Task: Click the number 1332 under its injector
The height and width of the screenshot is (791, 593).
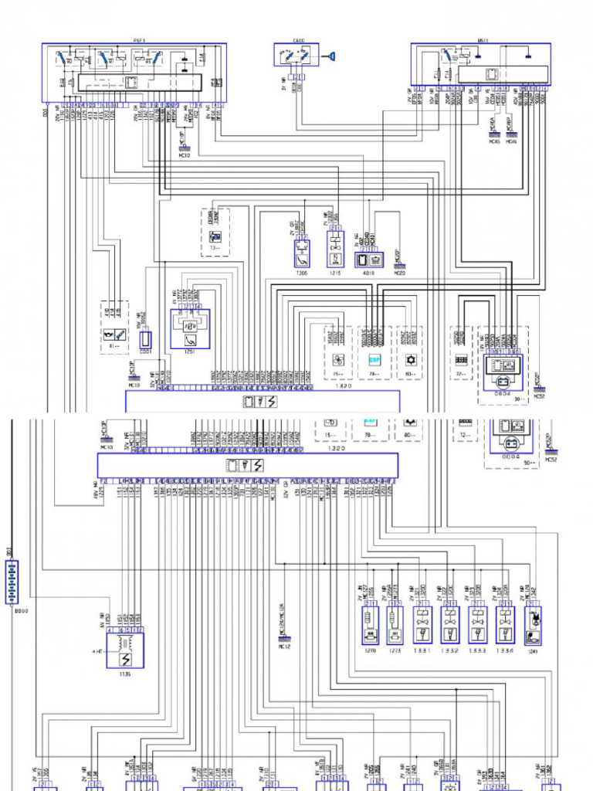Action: [x=450, y=651]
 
